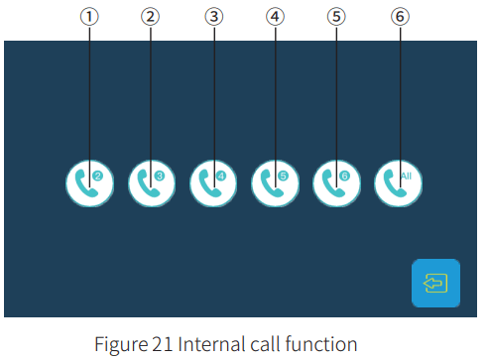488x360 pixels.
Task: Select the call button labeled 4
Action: pyautogui.click(x=213, y=182)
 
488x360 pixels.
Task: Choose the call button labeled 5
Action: pyautogui.click(x=275, y=182)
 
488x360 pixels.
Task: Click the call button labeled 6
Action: pyautogui.click(x=336, y=182)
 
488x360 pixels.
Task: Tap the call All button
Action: pyautogui.click(x=399, y=182)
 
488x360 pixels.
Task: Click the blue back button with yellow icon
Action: pyautogui.click(x=435, y=283)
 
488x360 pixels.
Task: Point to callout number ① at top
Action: pyautogui.click(x=89, y=17)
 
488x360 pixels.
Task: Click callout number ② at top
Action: pyautogui.click(x=151, y=17)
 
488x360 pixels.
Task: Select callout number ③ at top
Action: pyautogui.click(x=213, y=17)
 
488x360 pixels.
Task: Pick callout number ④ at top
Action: pyautogui.click(x=275, y=17)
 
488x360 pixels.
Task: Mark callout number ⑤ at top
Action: pyautogui.click(x=336, y=17)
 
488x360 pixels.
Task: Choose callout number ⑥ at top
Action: pyautogui.click(x=399, y=17)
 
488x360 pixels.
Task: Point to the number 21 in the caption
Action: pyautogui.click(x=158, y=344)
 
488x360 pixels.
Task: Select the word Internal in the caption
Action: pyautogui.click(x=205, y=344)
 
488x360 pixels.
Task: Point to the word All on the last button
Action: pyautogui.click(x=406, y=175)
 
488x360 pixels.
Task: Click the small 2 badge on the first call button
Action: pyautogui.click(x=97, y=176)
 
